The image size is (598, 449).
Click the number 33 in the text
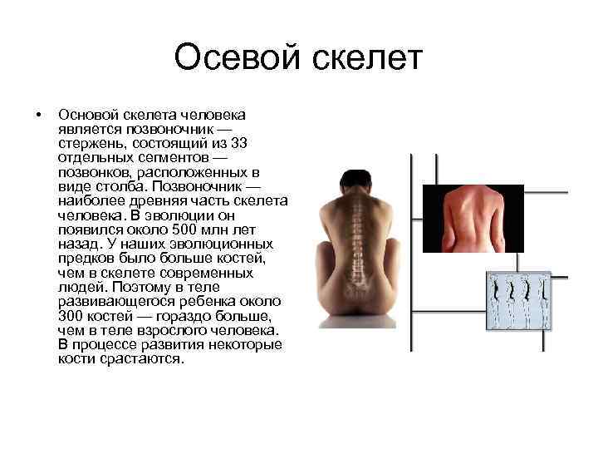coord(239,144)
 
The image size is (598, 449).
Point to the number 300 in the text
coord(72,316)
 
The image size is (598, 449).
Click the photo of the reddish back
coord(473,218)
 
